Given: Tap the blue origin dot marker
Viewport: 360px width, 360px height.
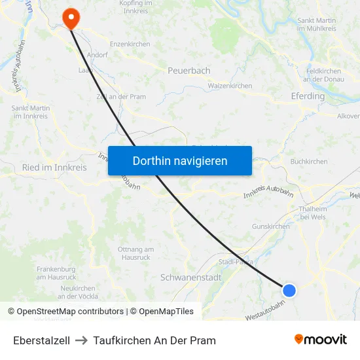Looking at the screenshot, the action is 289,290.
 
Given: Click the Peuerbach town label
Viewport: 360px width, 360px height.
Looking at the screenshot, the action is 189,70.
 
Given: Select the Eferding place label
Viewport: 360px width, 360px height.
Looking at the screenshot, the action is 307,96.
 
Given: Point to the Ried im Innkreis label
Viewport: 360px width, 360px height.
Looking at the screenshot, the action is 54,168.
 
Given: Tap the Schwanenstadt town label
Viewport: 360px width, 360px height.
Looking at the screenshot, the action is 190,278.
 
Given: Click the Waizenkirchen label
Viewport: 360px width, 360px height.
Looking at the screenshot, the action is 230,86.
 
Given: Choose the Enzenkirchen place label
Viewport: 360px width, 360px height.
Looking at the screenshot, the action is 130,45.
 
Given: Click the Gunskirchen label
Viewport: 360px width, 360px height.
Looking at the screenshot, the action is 270,226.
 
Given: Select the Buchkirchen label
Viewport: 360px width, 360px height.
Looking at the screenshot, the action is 309,161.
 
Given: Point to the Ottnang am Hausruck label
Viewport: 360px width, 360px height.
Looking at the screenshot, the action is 135,253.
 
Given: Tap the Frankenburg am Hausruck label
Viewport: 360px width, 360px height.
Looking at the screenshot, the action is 57,273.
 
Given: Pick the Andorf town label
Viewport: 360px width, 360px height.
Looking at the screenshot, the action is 97,56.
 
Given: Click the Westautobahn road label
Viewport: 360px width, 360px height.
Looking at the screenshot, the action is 265,310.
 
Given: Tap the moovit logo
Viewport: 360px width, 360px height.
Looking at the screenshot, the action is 320,340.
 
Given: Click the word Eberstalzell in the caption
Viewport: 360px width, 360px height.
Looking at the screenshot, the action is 41,340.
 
